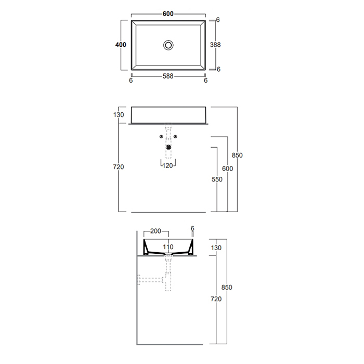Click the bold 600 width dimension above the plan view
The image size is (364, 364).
point(168,14)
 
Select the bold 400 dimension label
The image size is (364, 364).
point(121,45)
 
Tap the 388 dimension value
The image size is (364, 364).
point(215,45)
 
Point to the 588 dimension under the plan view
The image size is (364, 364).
point(168,76)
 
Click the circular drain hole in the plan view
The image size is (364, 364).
point(168,45)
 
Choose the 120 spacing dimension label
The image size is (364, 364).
point(167,166)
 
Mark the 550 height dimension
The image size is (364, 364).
point(217,179)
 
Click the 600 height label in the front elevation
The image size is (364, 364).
point(228,168)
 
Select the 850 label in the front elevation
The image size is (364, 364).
point(237,155)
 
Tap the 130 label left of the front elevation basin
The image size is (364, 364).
point(119,115)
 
